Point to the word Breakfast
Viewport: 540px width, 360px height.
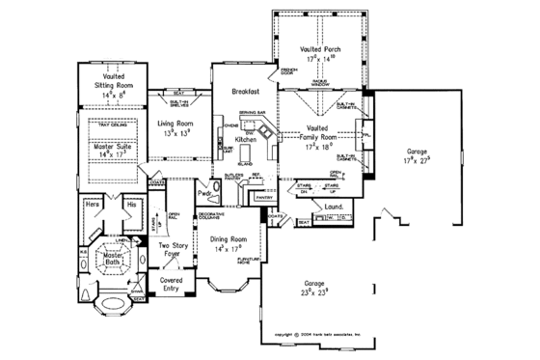(247, 92)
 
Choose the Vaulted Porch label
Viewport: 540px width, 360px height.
(318, 48)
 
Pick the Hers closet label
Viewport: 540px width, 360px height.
(94, 206)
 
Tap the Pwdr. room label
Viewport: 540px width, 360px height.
(204, 194)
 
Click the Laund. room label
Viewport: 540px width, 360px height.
(334, 207)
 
